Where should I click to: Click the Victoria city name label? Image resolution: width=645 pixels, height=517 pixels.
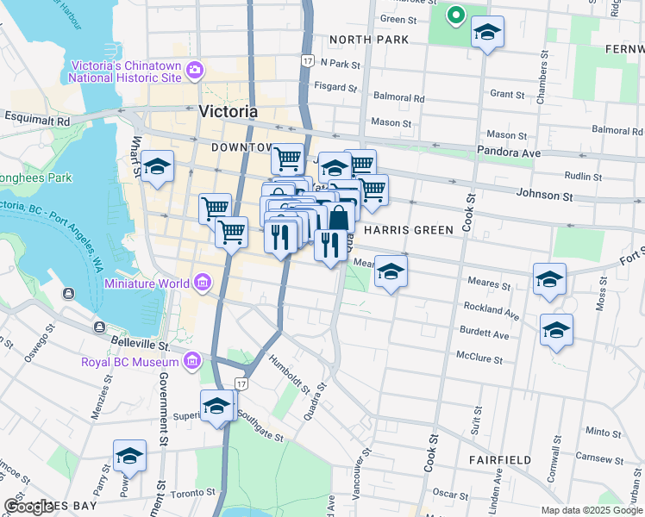pyautogui.click(x=228, y=111)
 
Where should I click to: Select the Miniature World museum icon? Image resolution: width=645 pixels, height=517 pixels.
pyautogui.click(x=202, y=283)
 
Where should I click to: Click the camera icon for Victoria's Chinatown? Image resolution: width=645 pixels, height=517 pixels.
pyautogui.click(x=195, y=70)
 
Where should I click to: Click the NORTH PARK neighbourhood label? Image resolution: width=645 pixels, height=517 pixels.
pyautogui.click(x=360, y=40)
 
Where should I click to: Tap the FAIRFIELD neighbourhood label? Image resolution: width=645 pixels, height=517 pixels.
pyautogui.click(x=500, y=460)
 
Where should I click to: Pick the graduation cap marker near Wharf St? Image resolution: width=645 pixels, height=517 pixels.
pyautogui.click(x=157, y=167)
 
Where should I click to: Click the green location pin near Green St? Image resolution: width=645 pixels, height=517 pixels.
pyautogui.click(x=454, y=15)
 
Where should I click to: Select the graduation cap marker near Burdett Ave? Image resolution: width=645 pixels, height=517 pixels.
pyautogui.click(x=556, y=329)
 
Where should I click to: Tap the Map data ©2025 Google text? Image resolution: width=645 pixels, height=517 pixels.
pyautogui.click(x=592, y=510)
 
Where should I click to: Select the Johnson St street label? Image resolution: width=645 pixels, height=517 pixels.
pyautogui.click(x=543, y=196)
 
